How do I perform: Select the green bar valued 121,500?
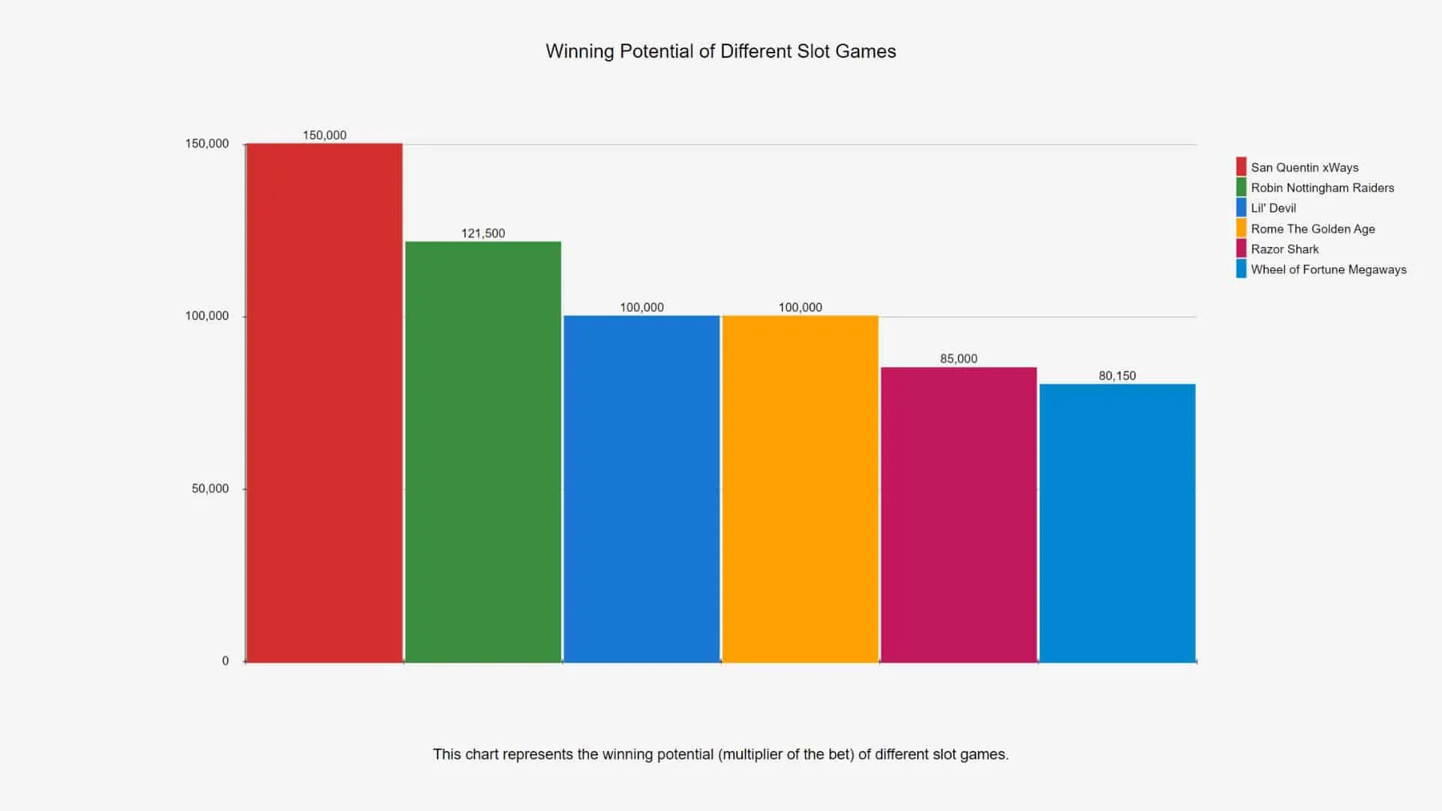[x=483, y=451]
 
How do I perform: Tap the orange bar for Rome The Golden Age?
[x=800, y=489]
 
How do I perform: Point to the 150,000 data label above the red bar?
[x=324, y=135]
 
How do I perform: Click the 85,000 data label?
[x=958, y=359]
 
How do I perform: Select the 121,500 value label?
[x=483, y=234]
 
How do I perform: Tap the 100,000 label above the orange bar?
[x=800, y=307]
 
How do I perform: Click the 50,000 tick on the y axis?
[x=210, y=489]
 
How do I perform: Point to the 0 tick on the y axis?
[x=225, y=662]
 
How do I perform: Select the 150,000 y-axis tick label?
[x=207, y=144]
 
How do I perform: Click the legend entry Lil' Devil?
[x=1273, y=208]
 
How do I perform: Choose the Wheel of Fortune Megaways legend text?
[x=1328, y=270]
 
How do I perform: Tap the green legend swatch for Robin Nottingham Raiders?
[x=1241, y=188]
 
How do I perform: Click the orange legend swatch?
[x=1241, y=228]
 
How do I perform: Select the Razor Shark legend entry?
[x=1284, y=249]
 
